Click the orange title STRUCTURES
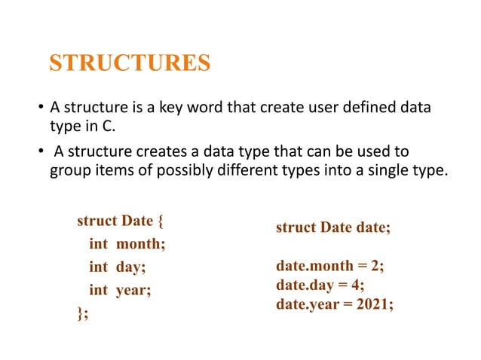pos(130,63)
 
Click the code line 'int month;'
pos(127,243)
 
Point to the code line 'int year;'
pos(120,288)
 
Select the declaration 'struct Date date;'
pos(333,227)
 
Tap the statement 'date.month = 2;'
pos(329,267)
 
